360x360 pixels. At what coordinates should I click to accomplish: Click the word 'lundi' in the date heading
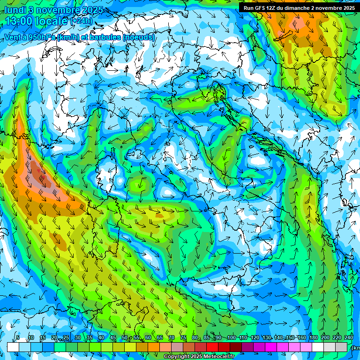(16, 10)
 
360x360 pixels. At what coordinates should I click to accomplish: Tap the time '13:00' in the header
(19, 21)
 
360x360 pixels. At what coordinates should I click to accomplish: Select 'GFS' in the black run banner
(261, 7)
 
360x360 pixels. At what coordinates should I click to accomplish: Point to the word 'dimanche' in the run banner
(295, 7)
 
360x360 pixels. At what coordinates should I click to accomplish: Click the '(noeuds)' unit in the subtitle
(138, 37)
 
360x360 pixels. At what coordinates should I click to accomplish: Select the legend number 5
(18, 337)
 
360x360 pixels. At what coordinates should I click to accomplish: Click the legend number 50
(124, 337)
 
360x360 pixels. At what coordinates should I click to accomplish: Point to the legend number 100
(231, 337)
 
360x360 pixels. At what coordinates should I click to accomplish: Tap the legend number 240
(349, 337)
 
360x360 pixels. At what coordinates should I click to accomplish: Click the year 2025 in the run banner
(347, 7)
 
